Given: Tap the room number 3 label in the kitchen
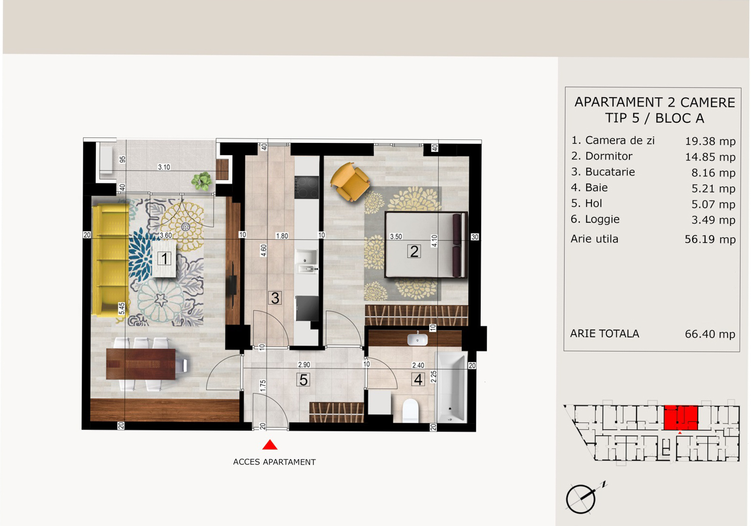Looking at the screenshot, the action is (x=275, y=298).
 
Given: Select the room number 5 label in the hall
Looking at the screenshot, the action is (x=303, y=380).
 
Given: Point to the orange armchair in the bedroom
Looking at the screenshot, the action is (x=350, y=182).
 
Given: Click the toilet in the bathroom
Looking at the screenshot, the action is (x=410, y=411).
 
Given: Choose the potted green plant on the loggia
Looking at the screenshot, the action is (x=201, y=181).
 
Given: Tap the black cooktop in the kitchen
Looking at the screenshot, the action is (x=307, y=188).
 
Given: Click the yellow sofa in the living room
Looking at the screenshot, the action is (x=111, y=260).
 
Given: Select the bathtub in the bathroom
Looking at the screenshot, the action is (x=451, y=387).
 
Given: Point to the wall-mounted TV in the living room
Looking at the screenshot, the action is (x=232, y=285).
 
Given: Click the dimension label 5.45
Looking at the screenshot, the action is (x=122, y=308).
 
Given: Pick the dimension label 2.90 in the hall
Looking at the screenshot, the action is (x=304, y=365).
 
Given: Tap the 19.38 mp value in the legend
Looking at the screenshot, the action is (x=710, y=141).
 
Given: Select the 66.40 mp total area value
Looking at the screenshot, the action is (x=710, y=334).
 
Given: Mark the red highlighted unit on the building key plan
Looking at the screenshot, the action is (x=681, y=418).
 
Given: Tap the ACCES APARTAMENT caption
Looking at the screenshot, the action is (x=274, y=462).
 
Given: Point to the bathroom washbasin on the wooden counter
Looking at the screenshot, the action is (x=417, y=339).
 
